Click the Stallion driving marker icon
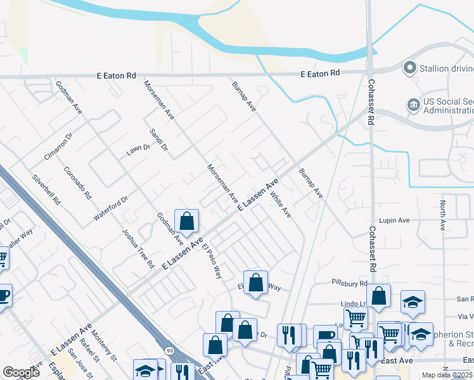(x=409, y=67)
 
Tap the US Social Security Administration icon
(x=413, y=104)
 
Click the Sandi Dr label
(x=158, y=140)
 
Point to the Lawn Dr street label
(x=138, y=150)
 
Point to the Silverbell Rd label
(x=46, y=190)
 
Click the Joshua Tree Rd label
(x=138, y=248)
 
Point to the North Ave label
(x=443, y=215)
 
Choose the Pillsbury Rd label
(x=349, y=282)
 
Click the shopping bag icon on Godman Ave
(x=186, y=221)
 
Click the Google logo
(x=21, y=372)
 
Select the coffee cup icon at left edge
(x=3, y=296)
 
